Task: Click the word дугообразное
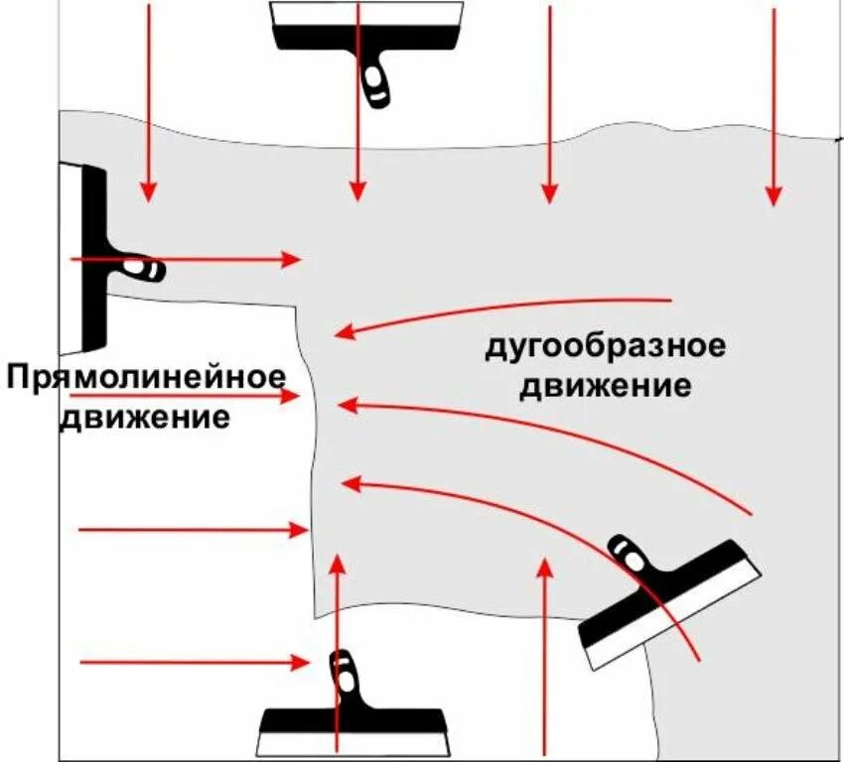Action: click(x=605, y=348)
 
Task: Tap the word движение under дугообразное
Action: click(x=604, y=385)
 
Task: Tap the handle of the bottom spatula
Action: click(x=343, y=675)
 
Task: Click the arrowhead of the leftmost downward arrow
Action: click(x=148, y=191)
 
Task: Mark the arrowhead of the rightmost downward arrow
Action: click(x=773, y=195)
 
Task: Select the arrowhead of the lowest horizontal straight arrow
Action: click(x=300, y=662)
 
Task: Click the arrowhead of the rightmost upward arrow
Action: click(x=543, y=566)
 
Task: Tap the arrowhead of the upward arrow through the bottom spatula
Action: click(x=338, y=564)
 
